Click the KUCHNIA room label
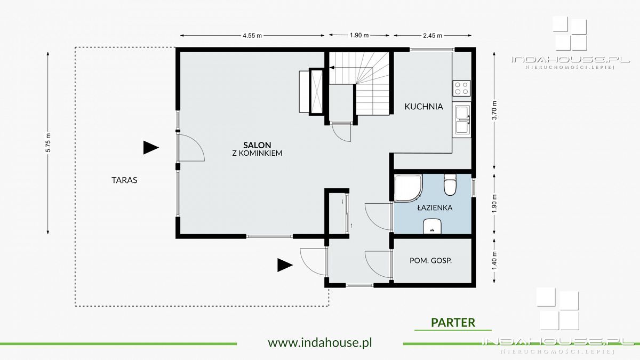click(x=423, y=107)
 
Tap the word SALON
click(x=257, y=145)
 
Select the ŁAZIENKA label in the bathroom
click(x=435, y=207)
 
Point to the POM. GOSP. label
click(x=430, y=261)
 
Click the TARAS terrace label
click(x=124, y=180)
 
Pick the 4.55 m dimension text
click(x=252, y=36)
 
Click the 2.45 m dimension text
click(x=433, y=36)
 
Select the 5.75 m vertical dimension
click(x=48, y=143)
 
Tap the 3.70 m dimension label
click(x=495, y=110)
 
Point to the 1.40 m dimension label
click(x=495, y=261)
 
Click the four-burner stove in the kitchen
click(x=461, y=89)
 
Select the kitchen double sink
click(x=461, y=119)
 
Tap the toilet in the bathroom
click(x=450, y=185)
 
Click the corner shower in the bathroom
click(x=407, y=188)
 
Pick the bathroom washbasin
click(x=433, y=226)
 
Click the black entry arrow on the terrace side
click(x=151, y=148)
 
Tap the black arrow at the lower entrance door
click(x=285, y=265)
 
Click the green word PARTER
click(x=453, y=323)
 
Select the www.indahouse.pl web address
click(x=320, y=342)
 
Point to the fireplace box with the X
click(x=316, y=91)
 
